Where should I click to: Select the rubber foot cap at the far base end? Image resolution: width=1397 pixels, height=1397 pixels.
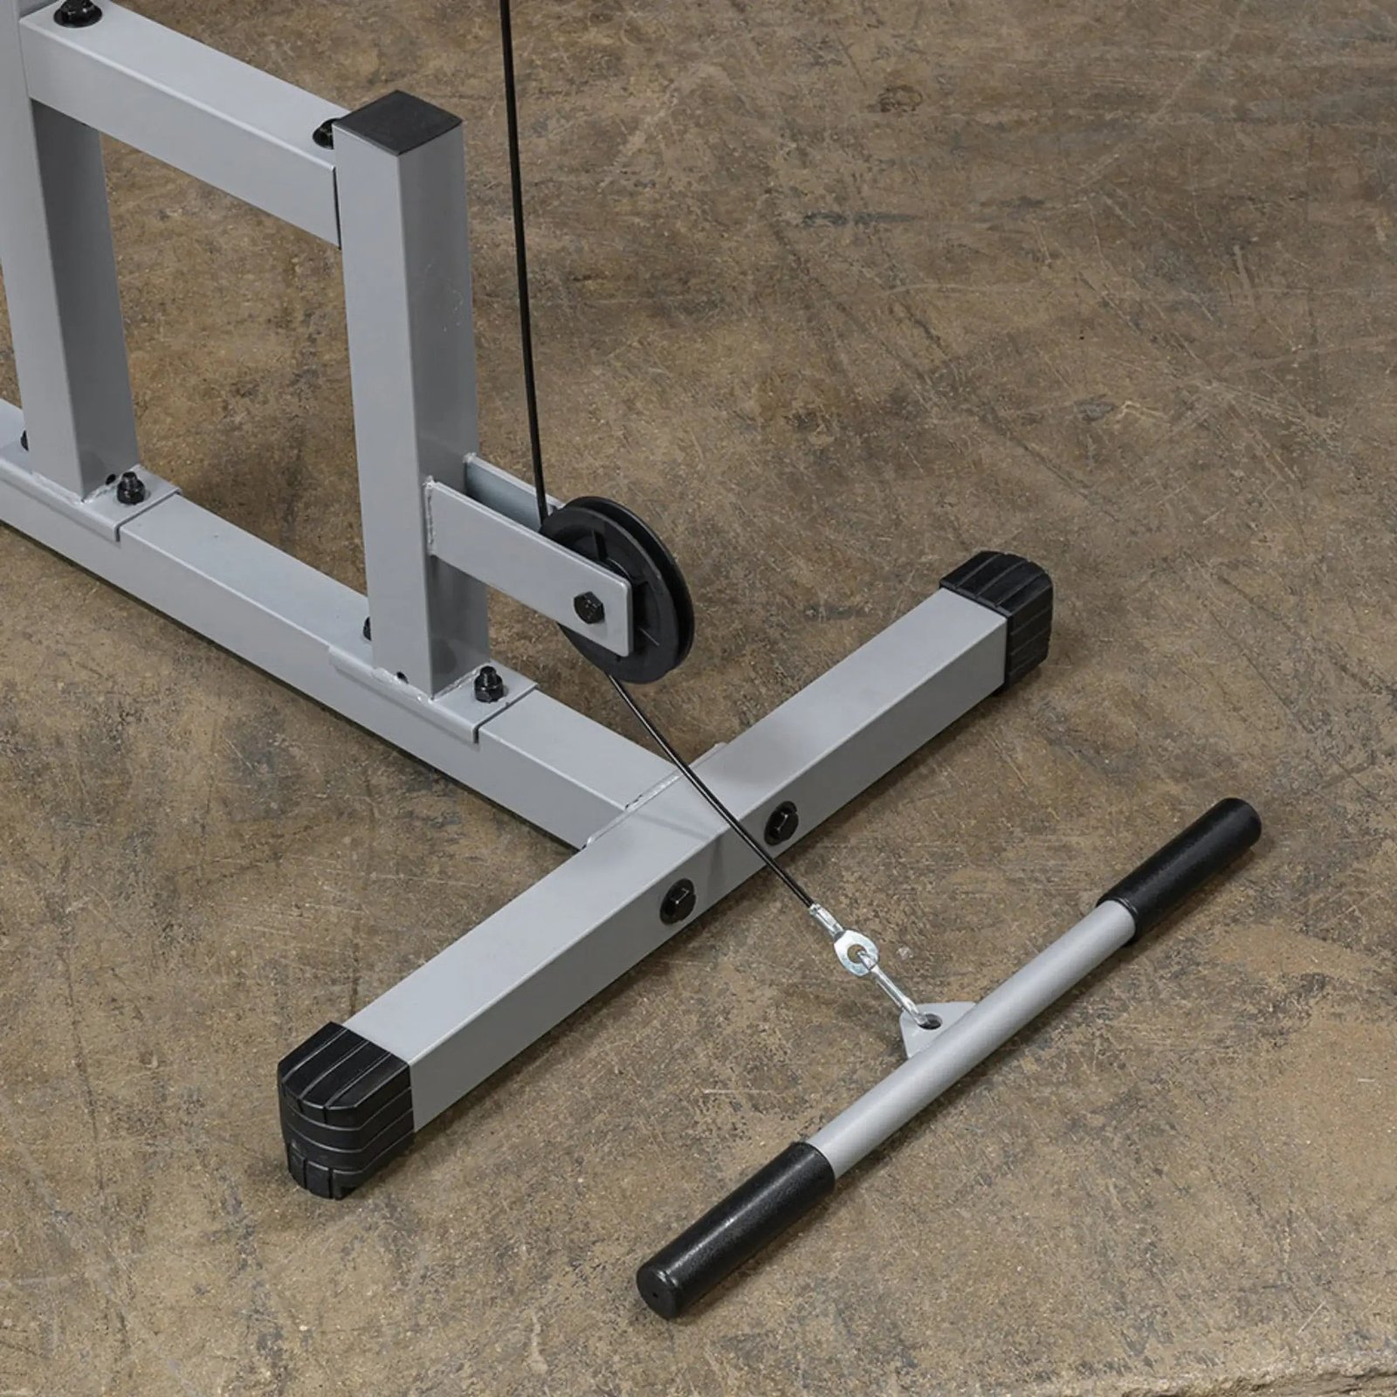click(x=1004, y=602)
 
